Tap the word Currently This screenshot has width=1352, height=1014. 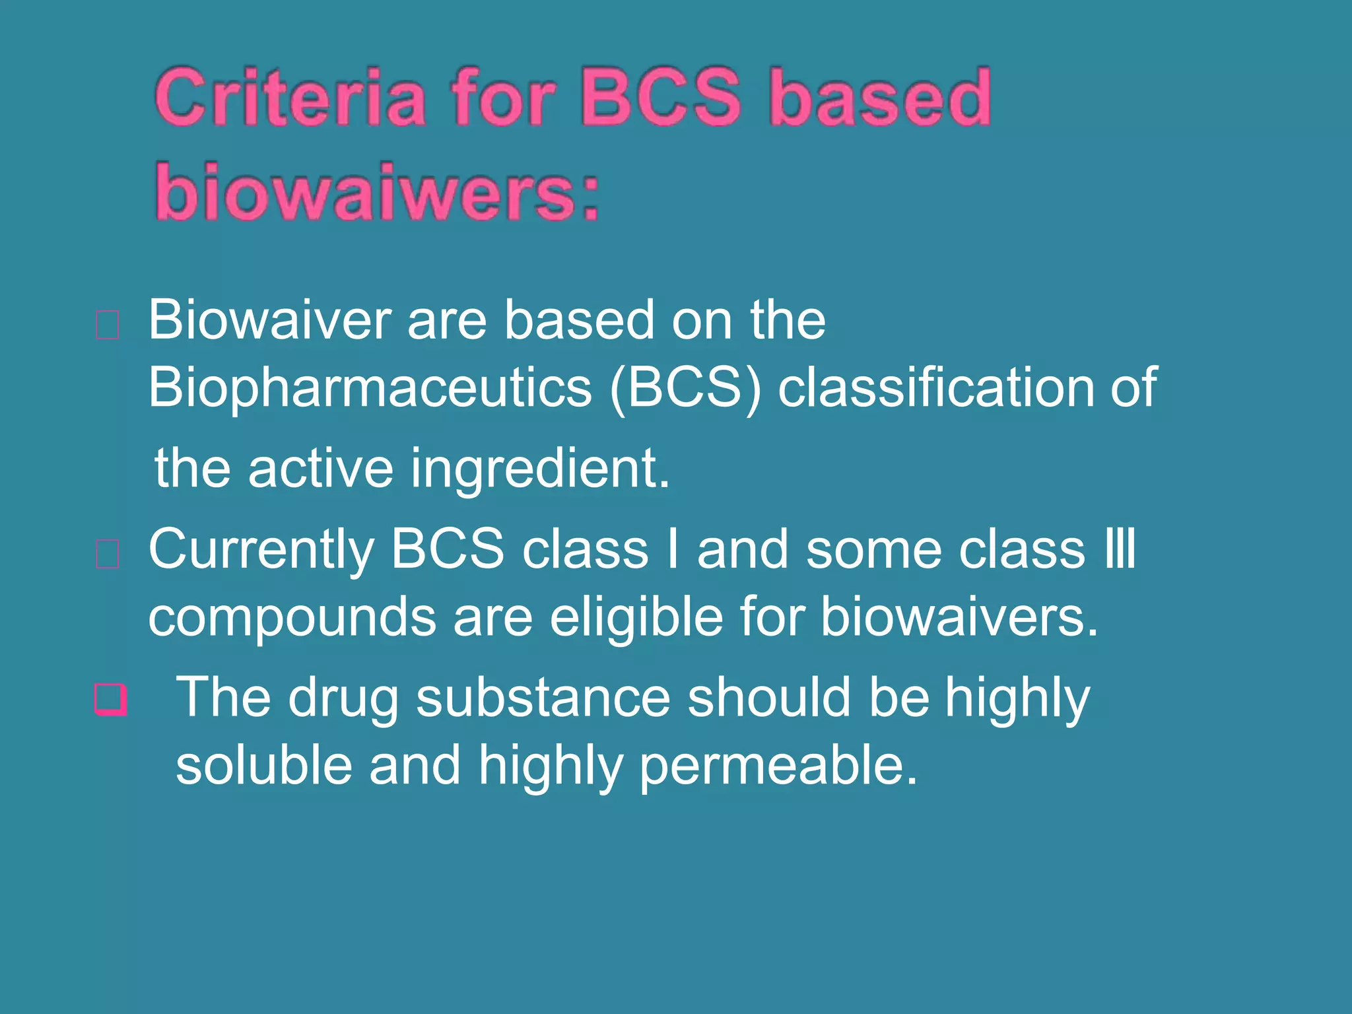(261, 550)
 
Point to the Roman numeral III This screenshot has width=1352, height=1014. (1120, 549)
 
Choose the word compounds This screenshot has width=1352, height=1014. (291, 618)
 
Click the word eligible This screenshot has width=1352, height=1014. (636, 617)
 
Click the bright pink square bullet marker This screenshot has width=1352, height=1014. (110, 699)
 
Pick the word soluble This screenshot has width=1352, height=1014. (263, 766)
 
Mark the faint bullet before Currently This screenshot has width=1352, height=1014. (108, 554)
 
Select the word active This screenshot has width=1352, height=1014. (321, 469)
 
